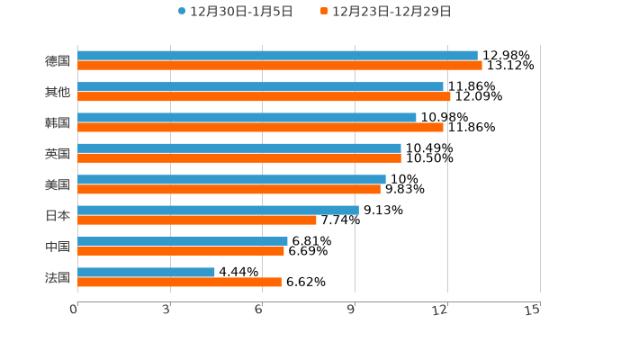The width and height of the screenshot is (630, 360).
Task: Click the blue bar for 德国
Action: click(x=277, y=56)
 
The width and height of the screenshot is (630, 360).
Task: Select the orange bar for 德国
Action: click(x=280, y=66)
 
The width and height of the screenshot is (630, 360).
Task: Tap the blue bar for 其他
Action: click(x=260, y=86)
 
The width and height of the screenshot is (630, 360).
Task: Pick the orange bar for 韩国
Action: click(x=260, y=128)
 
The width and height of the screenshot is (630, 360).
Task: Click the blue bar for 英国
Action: click(x=239, y=148)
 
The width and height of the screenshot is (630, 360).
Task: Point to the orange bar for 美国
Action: click(x=229, y=189)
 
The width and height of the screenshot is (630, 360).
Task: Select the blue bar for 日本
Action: click(x=218, y=210)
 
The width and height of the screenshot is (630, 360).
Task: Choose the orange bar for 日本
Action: click(x=197, y=220)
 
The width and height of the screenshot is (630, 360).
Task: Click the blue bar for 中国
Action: click(x=183, y=241)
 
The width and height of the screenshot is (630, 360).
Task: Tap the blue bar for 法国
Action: click(x=146, y=272)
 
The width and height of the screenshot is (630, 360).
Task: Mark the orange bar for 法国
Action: click(x=179, y=283)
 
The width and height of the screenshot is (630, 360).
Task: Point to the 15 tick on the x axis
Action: click(x=533, y=310)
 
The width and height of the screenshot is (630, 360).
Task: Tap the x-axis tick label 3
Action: click(x=167, y=310)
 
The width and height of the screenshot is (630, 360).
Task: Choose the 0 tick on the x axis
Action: click(x=75, y=310)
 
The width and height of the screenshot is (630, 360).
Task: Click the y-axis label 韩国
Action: click(x=58, y=122)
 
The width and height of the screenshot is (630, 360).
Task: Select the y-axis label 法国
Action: click(x=58, y=277)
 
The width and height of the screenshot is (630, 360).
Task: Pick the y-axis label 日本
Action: click(x=58, y=215)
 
